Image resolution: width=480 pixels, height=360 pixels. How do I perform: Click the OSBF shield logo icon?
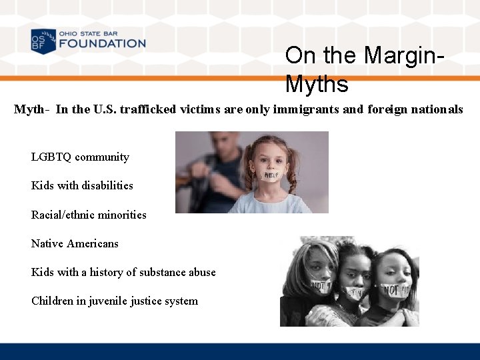pyautogui.click(x=43, y=41)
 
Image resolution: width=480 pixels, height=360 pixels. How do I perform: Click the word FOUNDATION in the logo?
pyautogui.click(x=102, y=43)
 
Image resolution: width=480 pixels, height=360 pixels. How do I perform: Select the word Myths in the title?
pyautogui.click(x=317, y=85)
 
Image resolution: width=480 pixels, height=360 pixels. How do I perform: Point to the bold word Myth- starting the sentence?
pyautogui.click(x=31, y=109)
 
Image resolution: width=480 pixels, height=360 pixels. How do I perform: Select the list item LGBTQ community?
pyautogui.click(x=80, y=157)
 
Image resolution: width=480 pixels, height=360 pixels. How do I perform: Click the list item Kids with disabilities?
pyautogui.click(x=82, y=186)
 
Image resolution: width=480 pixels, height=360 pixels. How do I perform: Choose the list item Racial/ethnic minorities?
pyautogui.click(x=89, y=215)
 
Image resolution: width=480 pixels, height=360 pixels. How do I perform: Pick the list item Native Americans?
pyautogui.click(x=75, y=243)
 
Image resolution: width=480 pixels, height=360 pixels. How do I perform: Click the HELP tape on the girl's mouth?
pyautogui.click(x=270, y=175)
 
